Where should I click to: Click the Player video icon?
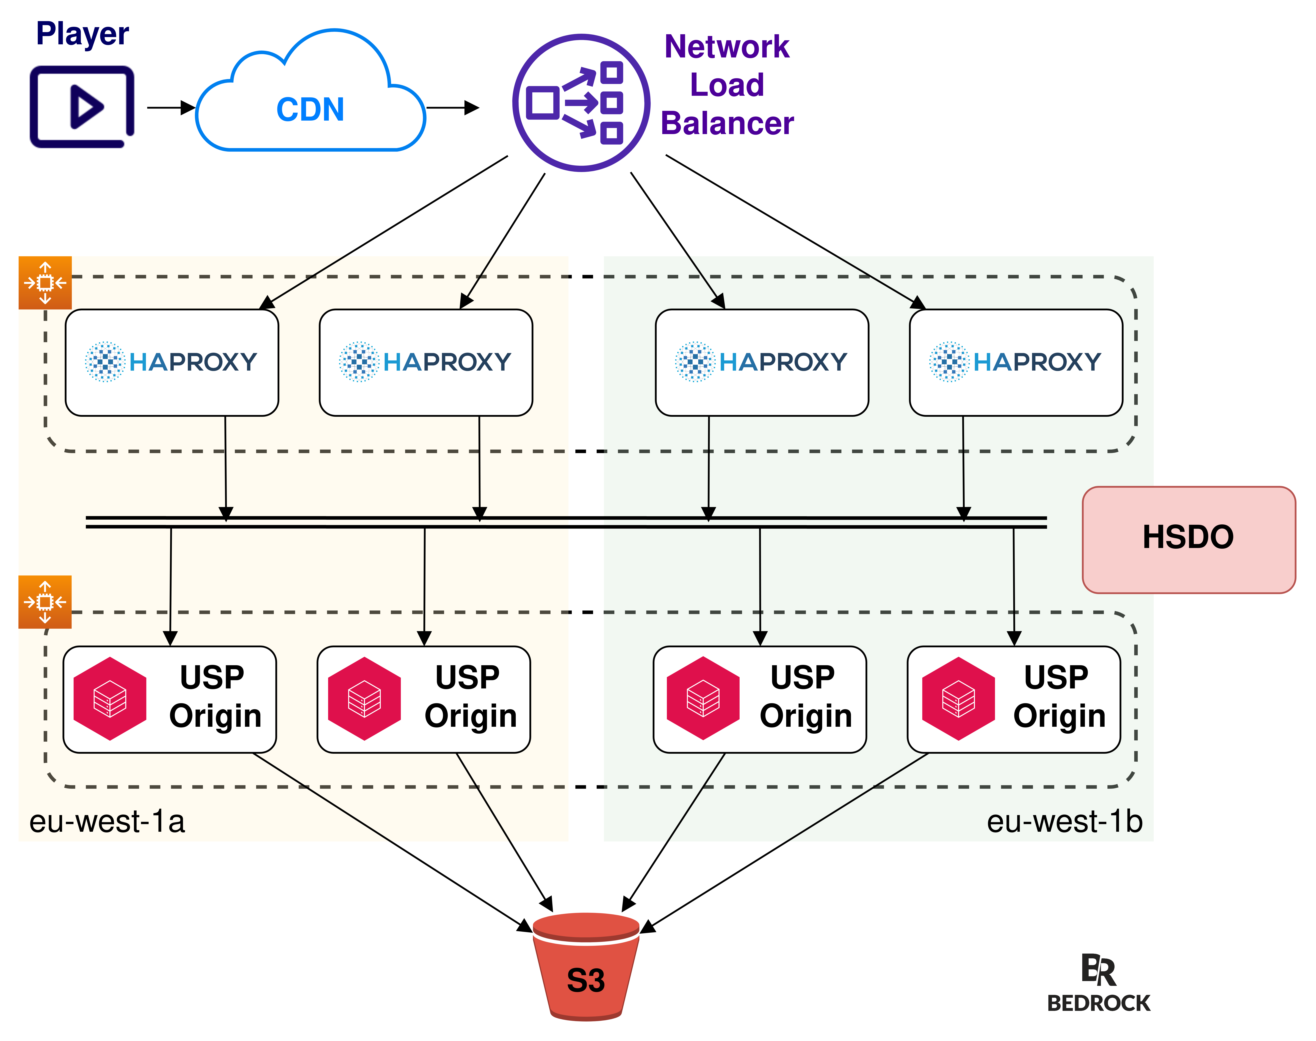82,107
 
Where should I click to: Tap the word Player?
82,34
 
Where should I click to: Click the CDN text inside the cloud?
310,110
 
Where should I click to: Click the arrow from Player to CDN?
171,108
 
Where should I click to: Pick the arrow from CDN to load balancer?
452,108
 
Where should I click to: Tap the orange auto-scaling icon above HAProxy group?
45,283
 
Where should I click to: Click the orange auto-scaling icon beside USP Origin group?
45,602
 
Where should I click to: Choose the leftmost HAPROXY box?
172,363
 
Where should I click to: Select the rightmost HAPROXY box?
1016,363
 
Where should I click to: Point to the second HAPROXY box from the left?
425,363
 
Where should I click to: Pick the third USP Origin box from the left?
759,699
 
